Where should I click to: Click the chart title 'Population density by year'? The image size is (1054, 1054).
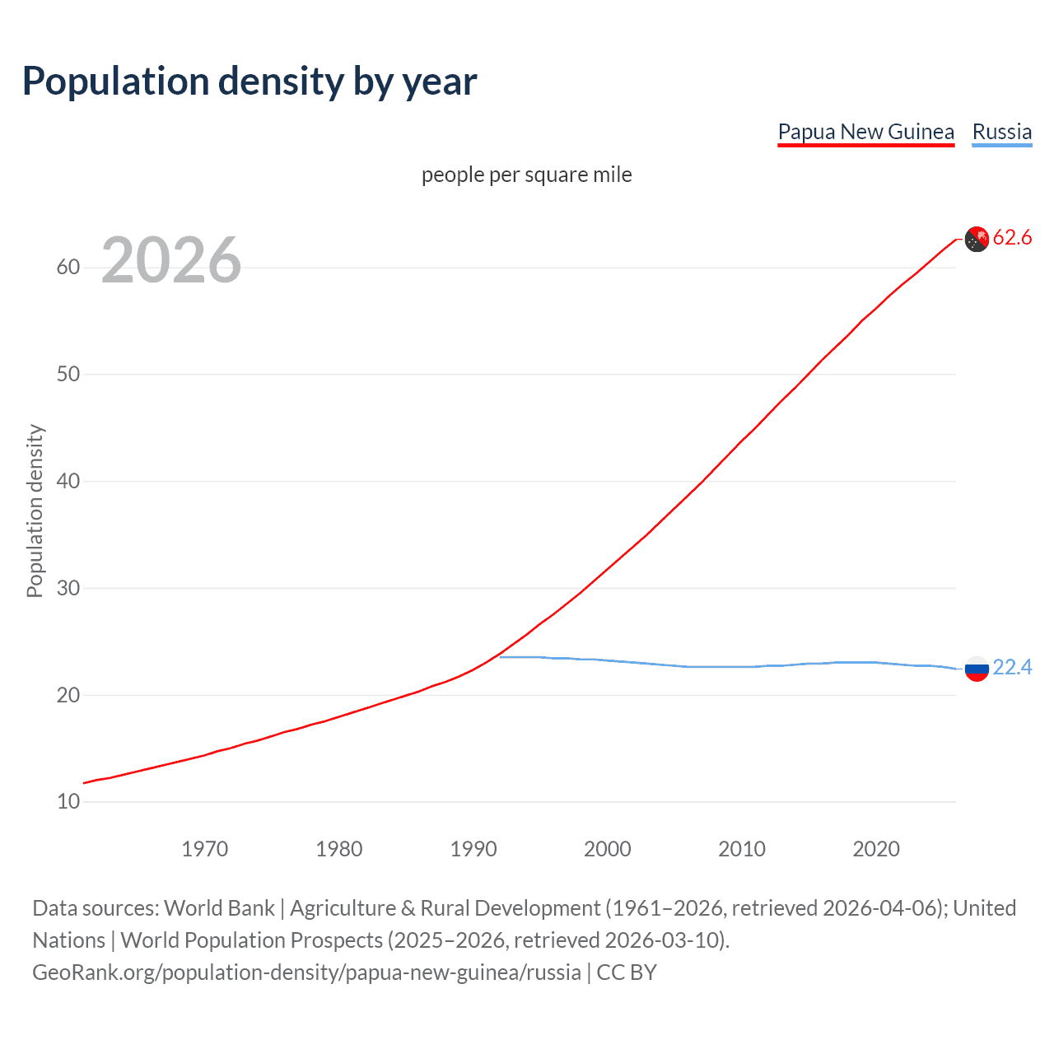250,82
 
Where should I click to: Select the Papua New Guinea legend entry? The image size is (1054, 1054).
865,132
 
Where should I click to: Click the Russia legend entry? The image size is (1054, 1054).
1001,132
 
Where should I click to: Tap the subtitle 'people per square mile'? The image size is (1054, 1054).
526,175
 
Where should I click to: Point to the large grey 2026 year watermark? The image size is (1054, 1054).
171,260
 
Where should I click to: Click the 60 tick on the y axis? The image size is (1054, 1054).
68,268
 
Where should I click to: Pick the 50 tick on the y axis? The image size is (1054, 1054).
68,375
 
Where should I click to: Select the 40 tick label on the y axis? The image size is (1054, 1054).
68,481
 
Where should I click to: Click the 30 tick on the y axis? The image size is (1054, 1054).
68,588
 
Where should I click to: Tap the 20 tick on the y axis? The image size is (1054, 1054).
68,695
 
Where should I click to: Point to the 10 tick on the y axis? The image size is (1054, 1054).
68,802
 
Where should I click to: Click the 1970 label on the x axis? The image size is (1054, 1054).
204,849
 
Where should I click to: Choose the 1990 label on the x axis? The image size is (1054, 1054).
473,849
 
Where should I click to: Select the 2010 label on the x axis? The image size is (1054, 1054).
742,849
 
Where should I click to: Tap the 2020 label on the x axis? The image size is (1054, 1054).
876,849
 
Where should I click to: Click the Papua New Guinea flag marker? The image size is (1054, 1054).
977,239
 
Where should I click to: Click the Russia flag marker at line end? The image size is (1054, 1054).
977,669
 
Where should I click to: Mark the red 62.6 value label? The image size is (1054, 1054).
1012,238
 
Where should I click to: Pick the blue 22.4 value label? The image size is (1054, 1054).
1012,668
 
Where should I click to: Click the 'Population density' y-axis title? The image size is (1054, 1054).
35,511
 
